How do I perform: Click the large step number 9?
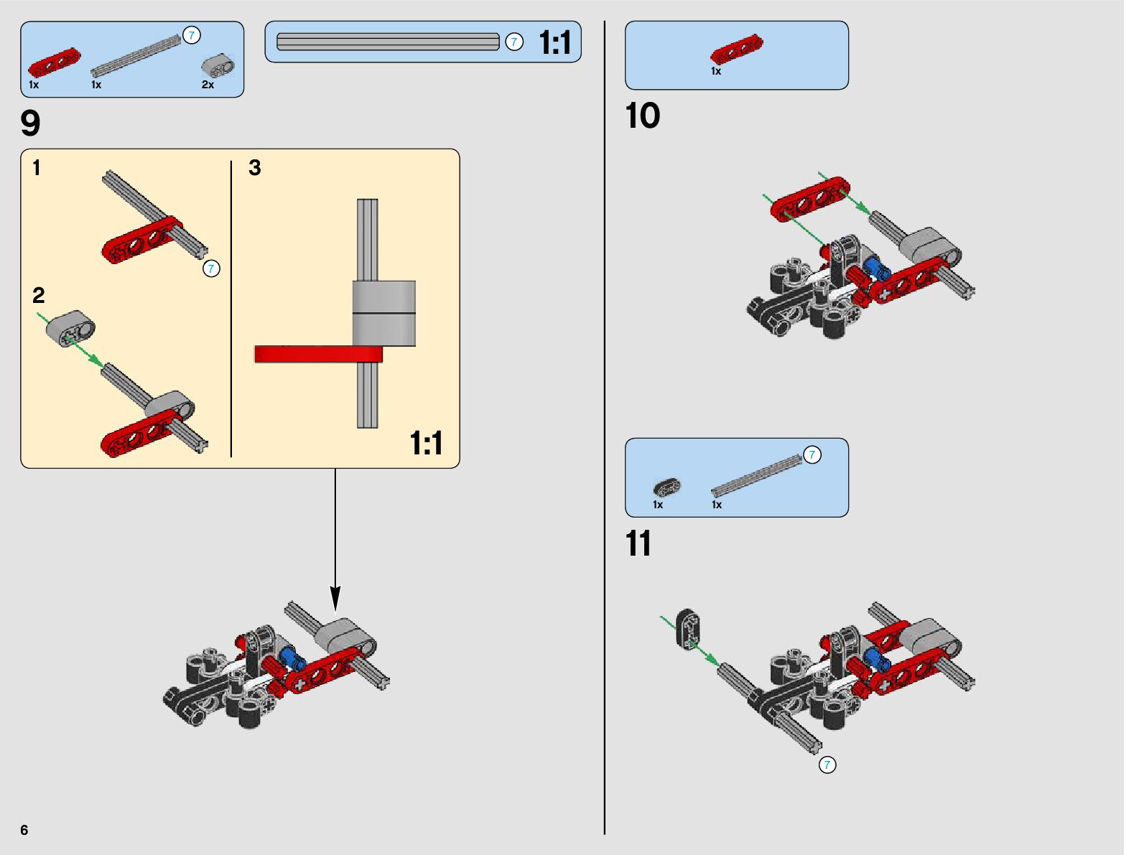click(30, 123)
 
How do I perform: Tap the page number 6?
click(24, 829)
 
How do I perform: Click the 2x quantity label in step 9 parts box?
click(208, 85)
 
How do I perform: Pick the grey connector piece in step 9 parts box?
click(218, 65)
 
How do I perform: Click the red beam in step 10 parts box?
click(736, 49)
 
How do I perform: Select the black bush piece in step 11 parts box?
click(667, 487)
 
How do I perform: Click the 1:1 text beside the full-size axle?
click(555, 42)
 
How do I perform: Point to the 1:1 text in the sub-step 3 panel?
click(426, 443)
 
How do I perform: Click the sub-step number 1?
click(37, 167)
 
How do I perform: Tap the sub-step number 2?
click(38, 295)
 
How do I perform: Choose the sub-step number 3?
click(254, 167)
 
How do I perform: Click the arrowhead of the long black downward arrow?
click(335, 599)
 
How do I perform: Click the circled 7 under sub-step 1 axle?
click(211, 268)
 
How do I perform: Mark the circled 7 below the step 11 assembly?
click(827, 765)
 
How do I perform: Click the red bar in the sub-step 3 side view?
click(318, 354)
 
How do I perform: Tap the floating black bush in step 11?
click(688, 629)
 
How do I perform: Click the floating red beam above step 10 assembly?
click(809, 199)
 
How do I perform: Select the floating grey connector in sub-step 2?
click(70, 328)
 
